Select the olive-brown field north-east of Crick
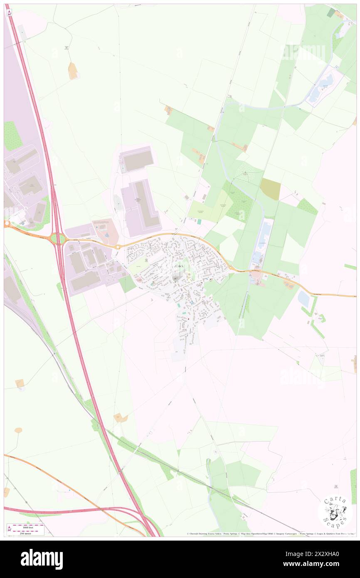pyautogui.click(x=270, y=189)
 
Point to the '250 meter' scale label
pyautogui.click(x=26, y=533)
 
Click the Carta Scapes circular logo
pyautogui.click(x=335, y=511)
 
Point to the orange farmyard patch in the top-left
pyautogui.click(x=73, y=71)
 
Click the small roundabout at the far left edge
pyautogui.click(x=6, y=224)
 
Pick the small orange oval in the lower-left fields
pyautogui.click(x=18, y=430)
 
